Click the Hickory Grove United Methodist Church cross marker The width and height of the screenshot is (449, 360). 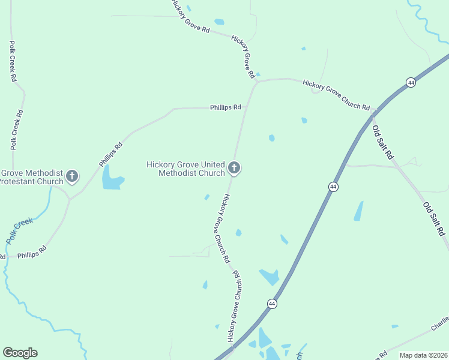[235, 168]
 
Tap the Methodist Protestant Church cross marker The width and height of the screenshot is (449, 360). [72, 176]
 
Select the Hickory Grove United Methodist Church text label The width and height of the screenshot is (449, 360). [186, 169]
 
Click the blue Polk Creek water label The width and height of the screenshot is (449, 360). [19, 230]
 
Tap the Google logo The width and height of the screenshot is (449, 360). [20, 353]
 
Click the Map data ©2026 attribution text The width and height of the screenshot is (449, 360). [423, 355]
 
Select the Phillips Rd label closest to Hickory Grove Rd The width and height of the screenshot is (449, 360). [225, 107]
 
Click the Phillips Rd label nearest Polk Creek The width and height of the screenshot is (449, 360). [32, 254]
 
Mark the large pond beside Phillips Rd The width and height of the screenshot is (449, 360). [112, 178]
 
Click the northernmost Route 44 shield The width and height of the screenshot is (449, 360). [411, 82]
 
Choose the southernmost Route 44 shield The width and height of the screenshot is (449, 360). [273, 304]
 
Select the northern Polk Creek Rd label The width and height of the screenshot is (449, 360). [12, 61]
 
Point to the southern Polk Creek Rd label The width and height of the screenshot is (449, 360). [16, 130]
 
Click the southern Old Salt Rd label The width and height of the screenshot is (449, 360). [435, 218]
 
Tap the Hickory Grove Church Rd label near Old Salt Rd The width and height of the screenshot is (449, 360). [336, 95]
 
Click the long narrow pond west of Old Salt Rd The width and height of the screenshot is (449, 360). [358, 211]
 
